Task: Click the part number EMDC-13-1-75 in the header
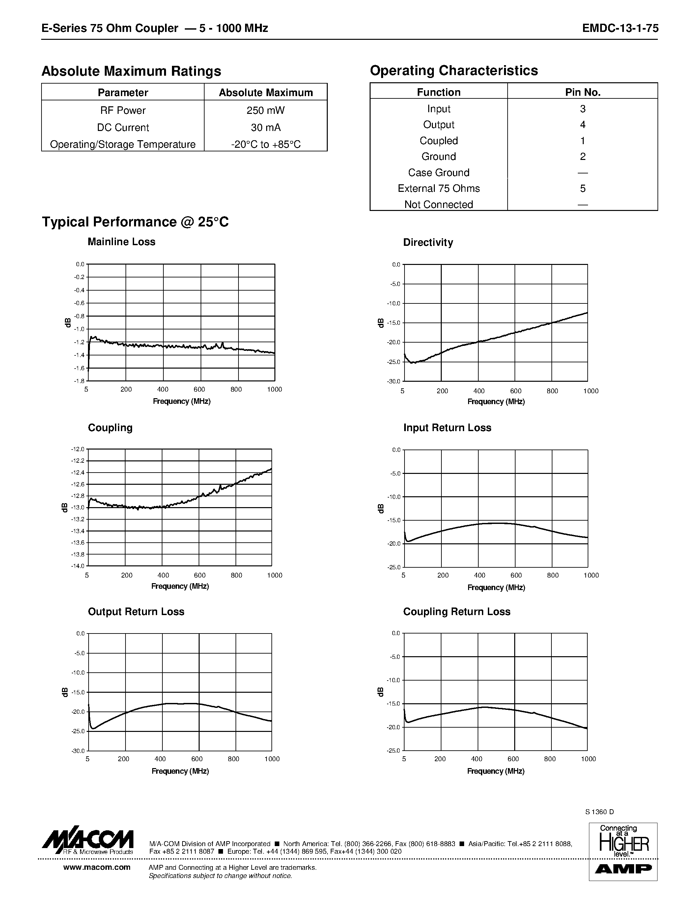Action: coord(620,28)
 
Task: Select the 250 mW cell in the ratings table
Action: coord(266,111)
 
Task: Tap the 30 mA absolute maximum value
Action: coord(266,128)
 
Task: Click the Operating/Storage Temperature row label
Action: coord(123,144)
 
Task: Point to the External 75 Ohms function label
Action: coord(438,189)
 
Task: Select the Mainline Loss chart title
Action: coord(121,242)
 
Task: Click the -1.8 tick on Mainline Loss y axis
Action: coord(79,381)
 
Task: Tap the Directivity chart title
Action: coord(428,243)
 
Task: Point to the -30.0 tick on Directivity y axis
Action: coord(394,381)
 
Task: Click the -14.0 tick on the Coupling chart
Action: coord(78,566)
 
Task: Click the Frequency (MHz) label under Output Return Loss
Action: coord(180,771)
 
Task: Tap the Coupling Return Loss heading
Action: coord(456,612)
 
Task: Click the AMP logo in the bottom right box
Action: coord(623,869)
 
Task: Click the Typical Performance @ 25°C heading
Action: coord(135,222)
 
